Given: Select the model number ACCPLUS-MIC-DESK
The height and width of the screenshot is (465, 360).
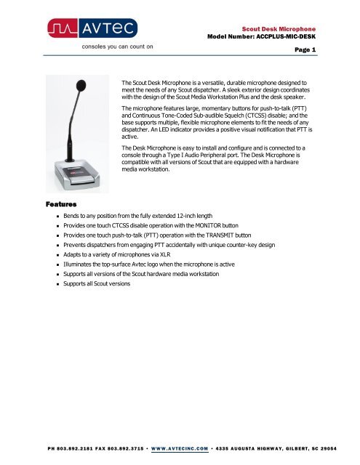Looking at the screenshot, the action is (x=304, y=35).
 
